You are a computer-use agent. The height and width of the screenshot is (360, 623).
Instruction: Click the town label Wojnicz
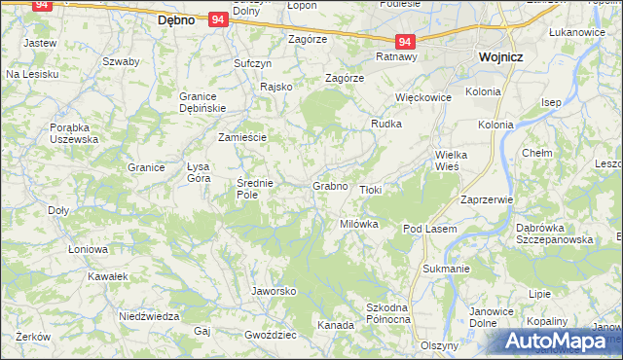[500, 56]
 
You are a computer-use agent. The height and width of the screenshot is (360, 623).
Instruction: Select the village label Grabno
[330, 185]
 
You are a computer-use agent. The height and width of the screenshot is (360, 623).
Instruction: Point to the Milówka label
[358, 223]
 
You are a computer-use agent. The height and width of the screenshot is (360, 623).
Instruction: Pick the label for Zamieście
[242, 137]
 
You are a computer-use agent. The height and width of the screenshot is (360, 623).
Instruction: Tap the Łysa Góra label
[199, 172]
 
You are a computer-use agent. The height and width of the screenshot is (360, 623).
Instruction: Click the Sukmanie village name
[446, 268]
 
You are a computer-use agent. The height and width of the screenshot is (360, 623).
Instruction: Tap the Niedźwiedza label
[149, 316]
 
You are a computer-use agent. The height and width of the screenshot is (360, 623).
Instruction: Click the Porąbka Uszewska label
[74, 132]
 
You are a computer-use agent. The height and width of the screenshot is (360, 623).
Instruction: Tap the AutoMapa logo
[559, 342]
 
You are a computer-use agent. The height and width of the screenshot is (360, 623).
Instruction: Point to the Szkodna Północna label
[387, 312]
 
